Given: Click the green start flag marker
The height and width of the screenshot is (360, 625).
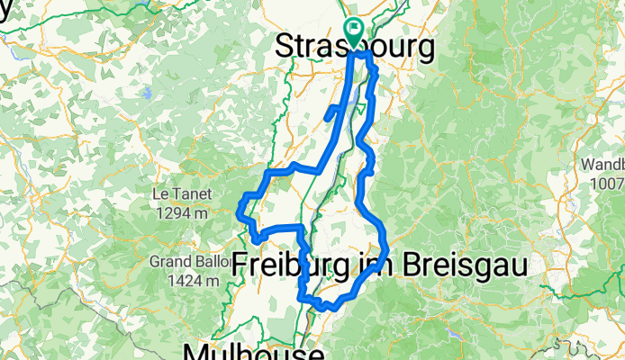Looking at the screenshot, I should (x=353, y=31).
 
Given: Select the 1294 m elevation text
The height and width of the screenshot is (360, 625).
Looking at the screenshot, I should (x=181, y=214).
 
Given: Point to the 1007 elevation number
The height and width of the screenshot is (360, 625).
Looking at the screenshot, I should (x=606, y=184).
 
